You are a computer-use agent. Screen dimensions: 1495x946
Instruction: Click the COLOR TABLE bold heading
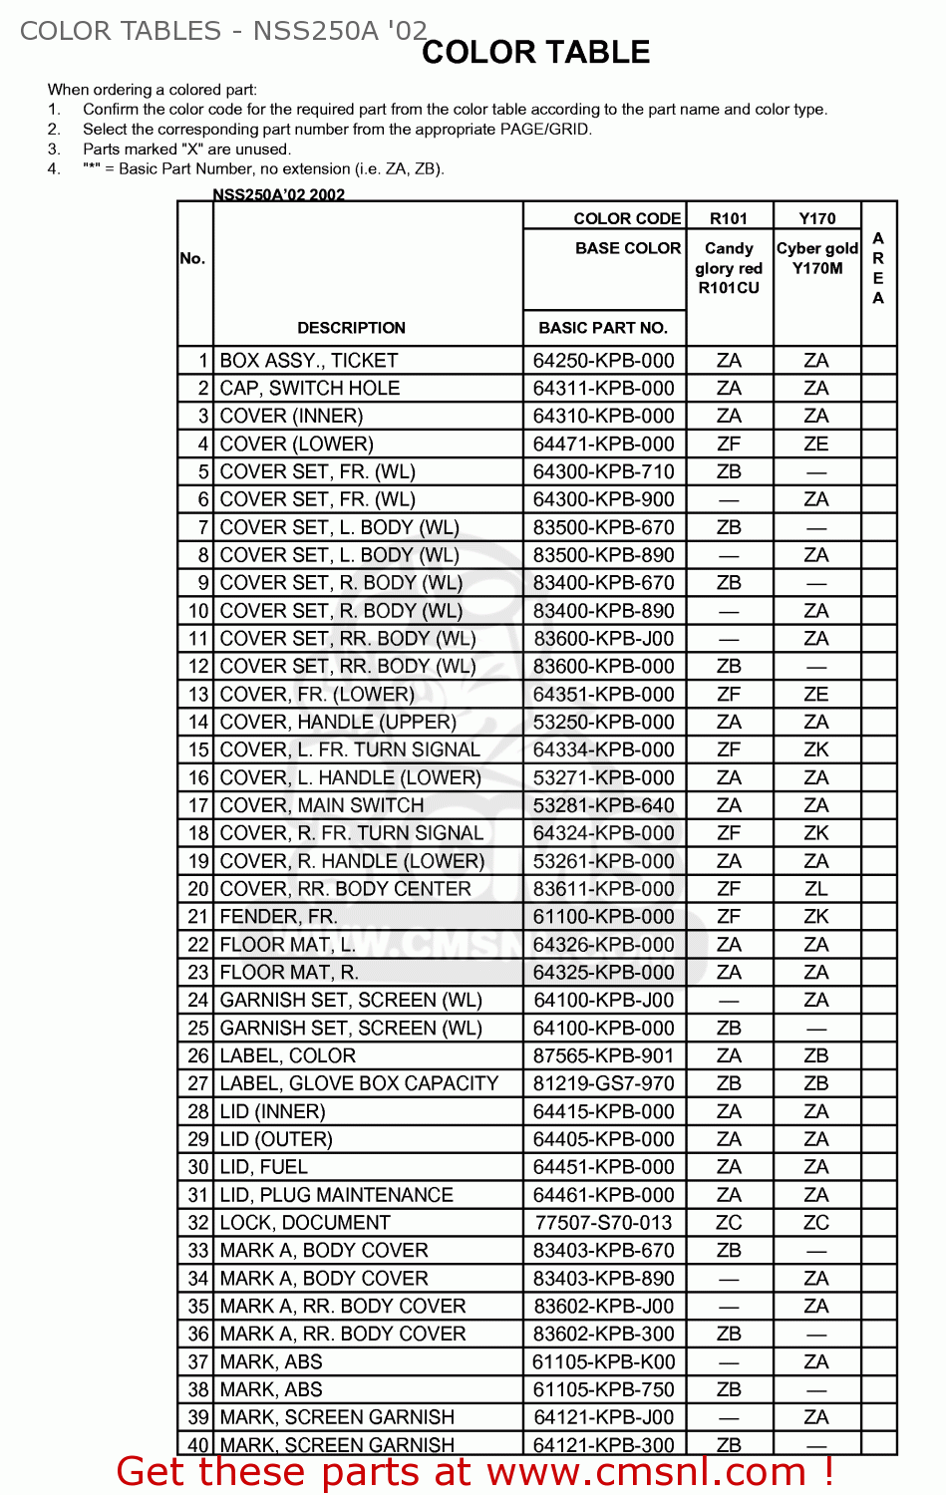pos(535,52)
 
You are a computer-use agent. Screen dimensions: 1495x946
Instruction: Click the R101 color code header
pos(729,218)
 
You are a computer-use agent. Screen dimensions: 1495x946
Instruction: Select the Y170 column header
pos(816,218)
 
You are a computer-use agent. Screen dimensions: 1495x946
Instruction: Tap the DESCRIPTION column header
pos(351,328)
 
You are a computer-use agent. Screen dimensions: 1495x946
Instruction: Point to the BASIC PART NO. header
pos(603,328)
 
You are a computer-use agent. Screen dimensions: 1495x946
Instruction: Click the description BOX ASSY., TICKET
pos(309,361)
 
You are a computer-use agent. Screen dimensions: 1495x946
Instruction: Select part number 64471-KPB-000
pos(603,445)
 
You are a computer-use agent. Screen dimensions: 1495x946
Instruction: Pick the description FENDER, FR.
pos(278,917)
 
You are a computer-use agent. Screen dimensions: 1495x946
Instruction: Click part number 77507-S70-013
pos(603,1223)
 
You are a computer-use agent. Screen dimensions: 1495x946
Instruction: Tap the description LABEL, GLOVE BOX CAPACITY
pos(359,1083)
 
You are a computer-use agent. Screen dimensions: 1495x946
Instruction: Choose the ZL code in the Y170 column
pos(816,889)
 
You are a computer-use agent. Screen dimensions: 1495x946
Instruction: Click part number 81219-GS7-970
pos(603,1083)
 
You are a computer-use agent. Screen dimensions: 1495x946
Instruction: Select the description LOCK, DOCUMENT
pos(305,1223)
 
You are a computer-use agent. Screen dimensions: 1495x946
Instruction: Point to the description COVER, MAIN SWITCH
pos(322,805)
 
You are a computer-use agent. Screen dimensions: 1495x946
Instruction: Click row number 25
pos(198,1029)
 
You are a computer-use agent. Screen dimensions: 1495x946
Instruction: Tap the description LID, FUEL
pos(264,1167)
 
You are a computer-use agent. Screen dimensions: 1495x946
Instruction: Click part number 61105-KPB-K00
pos(603,1362)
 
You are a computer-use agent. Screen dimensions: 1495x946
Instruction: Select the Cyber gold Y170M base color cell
pos(816,258)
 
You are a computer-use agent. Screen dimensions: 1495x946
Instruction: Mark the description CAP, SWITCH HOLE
pos(310,389)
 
